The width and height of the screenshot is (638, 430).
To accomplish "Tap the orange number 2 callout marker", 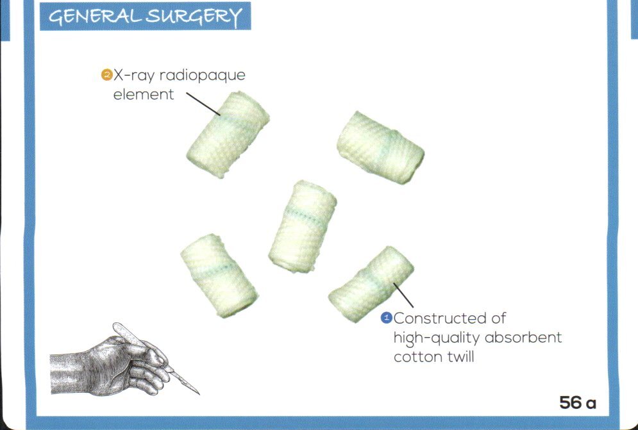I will click(x=106, y=75).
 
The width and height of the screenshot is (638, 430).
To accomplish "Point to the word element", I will click(x=144, y=95).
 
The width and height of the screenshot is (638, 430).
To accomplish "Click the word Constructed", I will click(x=450, y=318).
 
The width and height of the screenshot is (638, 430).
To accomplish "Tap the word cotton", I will click(x=416, y=357).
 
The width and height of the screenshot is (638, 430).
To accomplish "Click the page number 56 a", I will click(x=577, y=403).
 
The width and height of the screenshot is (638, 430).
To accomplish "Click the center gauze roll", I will click(x=303, y=226).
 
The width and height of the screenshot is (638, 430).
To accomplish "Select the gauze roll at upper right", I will click(x=380, y=147).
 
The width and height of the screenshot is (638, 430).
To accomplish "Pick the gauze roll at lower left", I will click(x=219, y=274).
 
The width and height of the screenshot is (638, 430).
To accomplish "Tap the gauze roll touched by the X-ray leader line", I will click(x=227, y=136).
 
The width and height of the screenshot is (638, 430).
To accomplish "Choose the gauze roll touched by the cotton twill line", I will click(x=371, y=284).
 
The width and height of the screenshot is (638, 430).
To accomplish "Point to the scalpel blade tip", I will click(x=199, y=393).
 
